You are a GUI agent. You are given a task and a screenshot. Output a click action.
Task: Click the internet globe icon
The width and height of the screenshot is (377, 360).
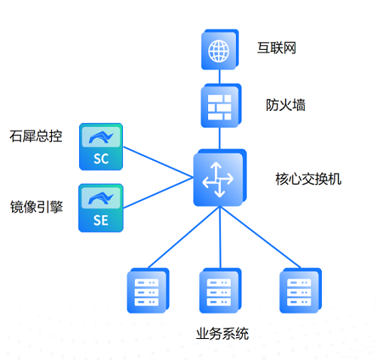coord(220,50)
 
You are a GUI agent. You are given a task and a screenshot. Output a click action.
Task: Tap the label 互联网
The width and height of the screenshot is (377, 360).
coord(277,48)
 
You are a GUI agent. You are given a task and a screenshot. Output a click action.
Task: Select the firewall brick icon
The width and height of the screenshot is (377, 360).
coord(221,106)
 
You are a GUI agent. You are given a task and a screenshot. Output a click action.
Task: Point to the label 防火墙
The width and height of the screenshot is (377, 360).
coord(286,105)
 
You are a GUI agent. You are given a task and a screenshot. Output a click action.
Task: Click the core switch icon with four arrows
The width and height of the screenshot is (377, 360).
coord(219,178)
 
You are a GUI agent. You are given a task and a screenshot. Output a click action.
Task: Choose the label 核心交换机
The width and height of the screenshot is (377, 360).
coord(308,179)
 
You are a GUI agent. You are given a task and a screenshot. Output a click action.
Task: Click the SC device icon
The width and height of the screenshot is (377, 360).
coord(101,146)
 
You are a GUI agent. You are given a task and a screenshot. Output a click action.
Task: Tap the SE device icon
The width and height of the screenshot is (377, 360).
coord(101,208)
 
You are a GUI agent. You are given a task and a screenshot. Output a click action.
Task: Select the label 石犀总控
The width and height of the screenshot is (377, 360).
coord(35,136)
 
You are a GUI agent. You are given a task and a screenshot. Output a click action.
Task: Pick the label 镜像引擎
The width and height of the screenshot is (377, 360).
coord(36,207)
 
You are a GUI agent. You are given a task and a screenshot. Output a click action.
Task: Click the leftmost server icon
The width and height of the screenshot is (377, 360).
coord(148,291)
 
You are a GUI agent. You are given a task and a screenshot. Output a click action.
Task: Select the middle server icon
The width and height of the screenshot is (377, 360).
coord(220,291)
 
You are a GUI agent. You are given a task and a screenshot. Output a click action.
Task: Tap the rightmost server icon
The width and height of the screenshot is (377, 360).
coord(301,291)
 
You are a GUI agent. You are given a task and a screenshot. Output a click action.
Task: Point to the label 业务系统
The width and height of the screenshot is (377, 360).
coord(222,334)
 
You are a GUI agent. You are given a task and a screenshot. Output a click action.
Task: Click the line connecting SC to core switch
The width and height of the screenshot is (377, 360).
coord(158,162)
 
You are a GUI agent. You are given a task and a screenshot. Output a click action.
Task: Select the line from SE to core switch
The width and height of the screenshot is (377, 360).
coord(158,193)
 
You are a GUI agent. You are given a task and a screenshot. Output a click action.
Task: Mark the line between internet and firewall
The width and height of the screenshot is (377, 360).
coord(219,77)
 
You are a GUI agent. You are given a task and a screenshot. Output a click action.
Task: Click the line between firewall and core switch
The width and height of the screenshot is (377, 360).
coord(219,138)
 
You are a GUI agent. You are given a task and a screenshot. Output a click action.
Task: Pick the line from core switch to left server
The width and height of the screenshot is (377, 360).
coord(184,237)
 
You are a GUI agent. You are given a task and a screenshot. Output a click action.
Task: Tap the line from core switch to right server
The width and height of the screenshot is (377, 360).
coord(260,237)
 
